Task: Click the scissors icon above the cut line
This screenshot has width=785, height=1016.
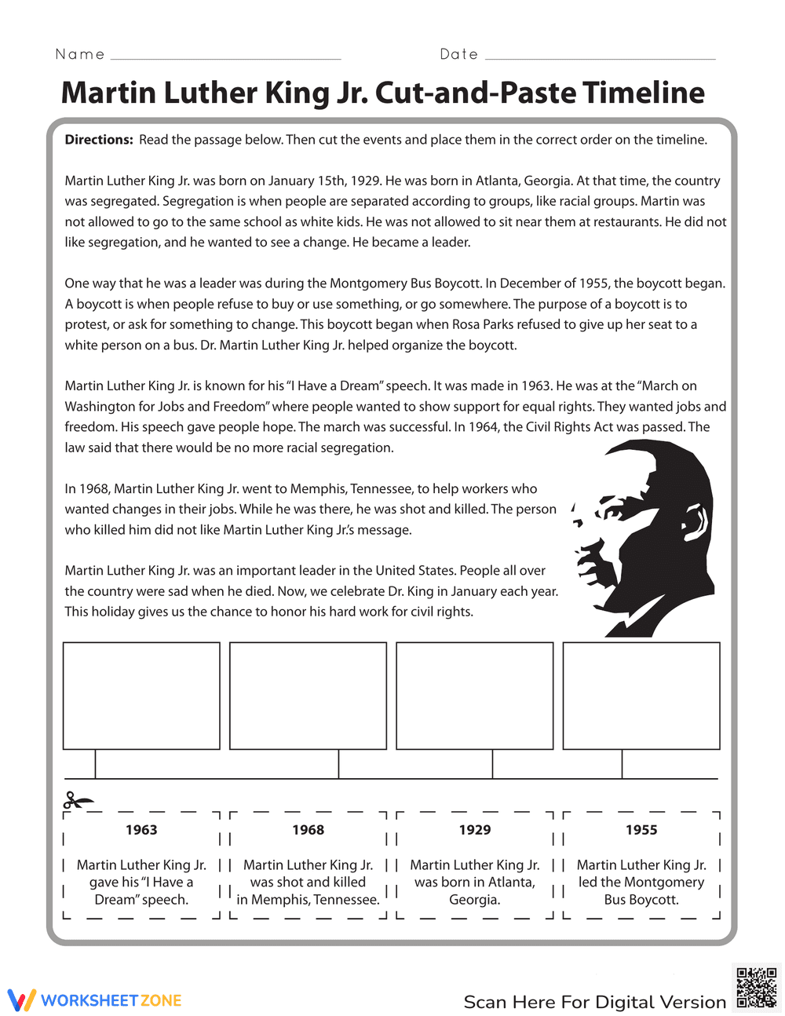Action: point(77,801)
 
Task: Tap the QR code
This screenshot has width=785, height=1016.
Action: point(757,988)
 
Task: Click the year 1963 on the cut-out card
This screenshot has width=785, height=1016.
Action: point(141,830)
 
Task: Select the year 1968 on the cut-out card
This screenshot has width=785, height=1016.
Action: point(308,830)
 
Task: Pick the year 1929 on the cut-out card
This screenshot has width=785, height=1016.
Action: point(475,830)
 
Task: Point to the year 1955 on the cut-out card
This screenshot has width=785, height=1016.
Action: point(641,830)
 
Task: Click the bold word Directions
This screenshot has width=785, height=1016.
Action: point(99,140)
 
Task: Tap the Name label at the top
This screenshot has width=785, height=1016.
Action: point(80,54)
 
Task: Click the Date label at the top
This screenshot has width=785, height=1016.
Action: point(459,54)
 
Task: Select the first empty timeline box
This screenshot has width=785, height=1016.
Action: point(141,696)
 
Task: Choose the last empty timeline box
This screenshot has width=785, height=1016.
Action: point(641,696)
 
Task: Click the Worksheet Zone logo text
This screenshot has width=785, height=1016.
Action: point(110,1000)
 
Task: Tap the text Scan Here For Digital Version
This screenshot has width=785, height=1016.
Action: point(594,1002)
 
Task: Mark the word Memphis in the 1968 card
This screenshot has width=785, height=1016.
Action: point(283,900)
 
